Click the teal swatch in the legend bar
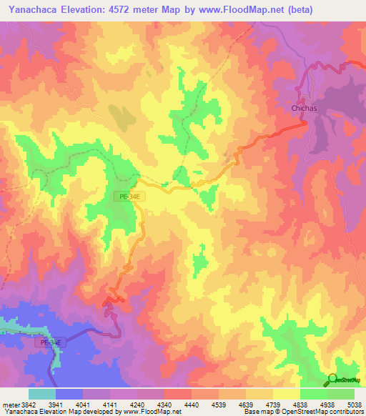(42, 394)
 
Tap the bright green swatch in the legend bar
(313, 394)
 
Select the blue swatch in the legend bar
(69, 394)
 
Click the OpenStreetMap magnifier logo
(332, 379)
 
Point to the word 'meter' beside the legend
(9, 404)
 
